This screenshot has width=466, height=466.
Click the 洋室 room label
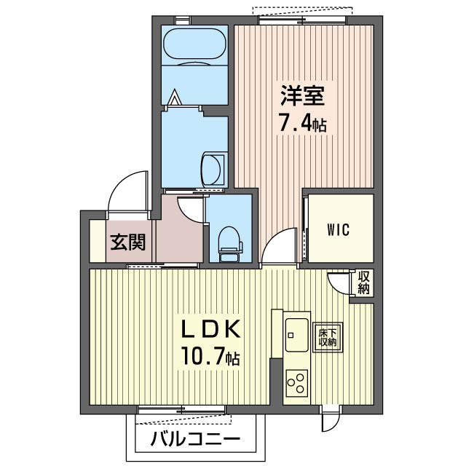[302, 95]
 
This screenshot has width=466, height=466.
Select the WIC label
[339, 230]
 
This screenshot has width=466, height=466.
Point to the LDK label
[210, 328]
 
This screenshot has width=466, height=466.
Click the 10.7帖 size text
[210, 356]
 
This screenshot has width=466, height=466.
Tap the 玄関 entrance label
[128, 242]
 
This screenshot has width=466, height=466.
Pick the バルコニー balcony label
[195, 439]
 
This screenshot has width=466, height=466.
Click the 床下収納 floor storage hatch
[328, 337]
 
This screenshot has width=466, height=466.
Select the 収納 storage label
[363, 283]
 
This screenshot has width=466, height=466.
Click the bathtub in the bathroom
[194, 47]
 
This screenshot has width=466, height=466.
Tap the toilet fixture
[230, 245]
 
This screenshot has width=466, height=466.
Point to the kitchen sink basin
[297, 335]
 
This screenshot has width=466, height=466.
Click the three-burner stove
[296, 383]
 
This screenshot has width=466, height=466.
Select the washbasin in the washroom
[211, 169]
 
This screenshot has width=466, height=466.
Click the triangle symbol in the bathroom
[175, 97]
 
